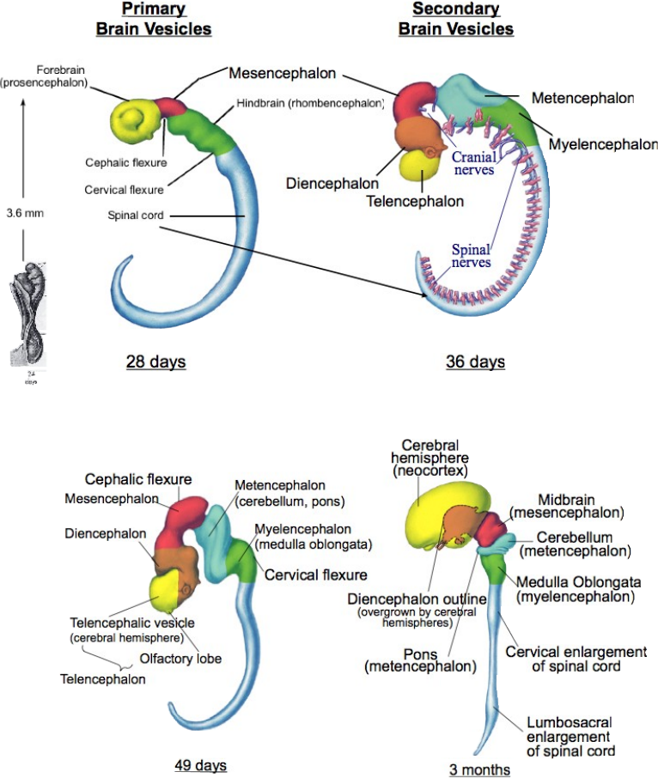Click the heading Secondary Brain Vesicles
(455, 19)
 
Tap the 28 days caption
(155, 362)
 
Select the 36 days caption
(475, 362)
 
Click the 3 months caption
(479, 769)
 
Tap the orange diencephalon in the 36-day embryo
(414, 134)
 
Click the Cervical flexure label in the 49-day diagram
(315, 574)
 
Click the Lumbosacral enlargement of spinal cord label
(569, 737)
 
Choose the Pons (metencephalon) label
(408, 659)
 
